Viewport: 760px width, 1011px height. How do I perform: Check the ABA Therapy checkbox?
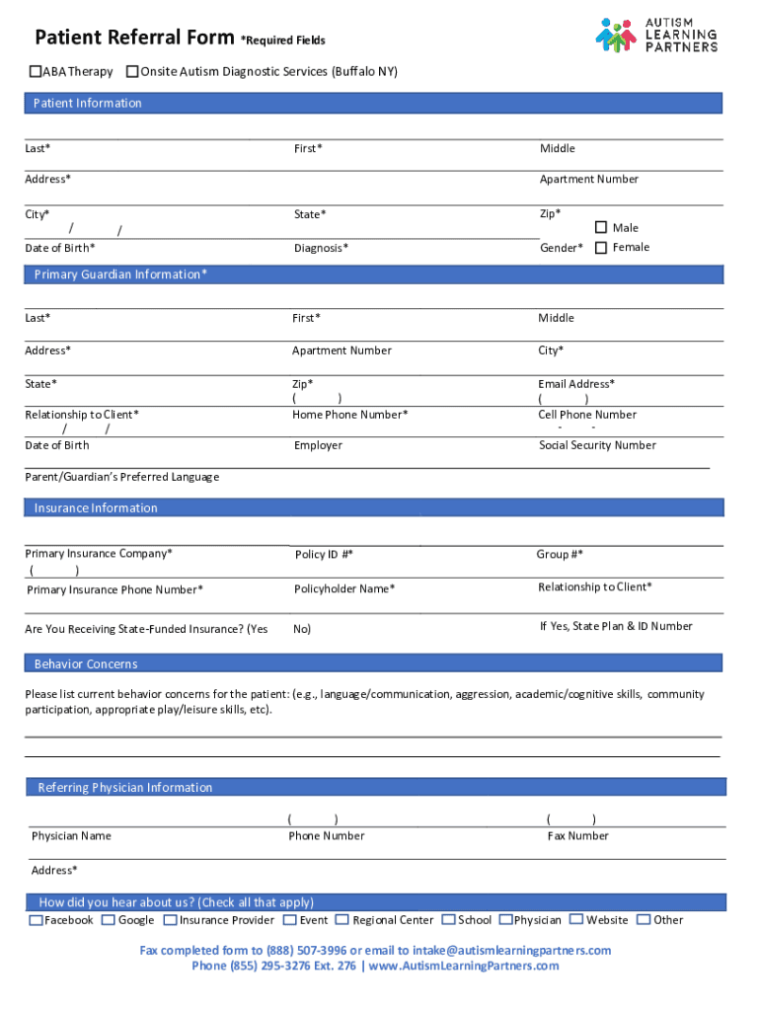click(35, 72)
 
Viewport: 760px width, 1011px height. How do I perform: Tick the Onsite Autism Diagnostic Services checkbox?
click(132, 72)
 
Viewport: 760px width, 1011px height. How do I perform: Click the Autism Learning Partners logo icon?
click(616, 36)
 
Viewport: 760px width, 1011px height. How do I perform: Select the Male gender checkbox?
click(600, 228)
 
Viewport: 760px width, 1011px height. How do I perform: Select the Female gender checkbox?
click(600, 248)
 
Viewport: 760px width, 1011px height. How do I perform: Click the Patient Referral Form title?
click(135, 39)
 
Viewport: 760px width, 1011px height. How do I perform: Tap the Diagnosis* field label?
click(321, 249)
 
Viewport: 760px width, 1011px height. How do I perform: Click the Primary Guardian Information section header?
click(120, 274)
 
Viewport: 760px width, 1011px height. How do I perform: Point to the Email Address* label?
click(576, 384)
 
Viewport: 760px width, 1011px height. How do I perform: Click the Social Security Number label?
click(597, 445)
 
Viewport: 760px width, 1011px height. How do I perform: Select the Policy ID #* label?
click(324, 555)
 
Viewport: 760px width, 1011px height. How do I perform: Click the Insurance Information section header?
click(96, 508)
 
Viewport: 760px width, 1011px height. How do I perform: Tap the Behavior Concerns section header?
click(86, 664)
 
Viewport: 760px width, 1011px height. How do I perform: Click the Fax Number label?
click(577, 836)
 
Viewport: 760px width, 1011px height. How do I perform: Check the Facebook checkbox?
click(37, 920)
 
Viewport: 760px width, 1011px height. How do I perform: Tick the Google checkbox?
click(109, 920)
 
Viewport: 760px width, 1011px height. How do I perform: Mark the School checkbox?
click(449, 920)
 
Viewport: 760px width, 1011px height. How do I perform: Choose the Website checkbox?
click(576, 920)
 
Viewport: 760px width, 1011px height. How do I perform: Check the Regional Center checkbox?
click(342, 920)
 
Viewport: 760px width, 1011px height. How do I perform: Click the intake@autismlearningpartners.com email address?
click(515, 951)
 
